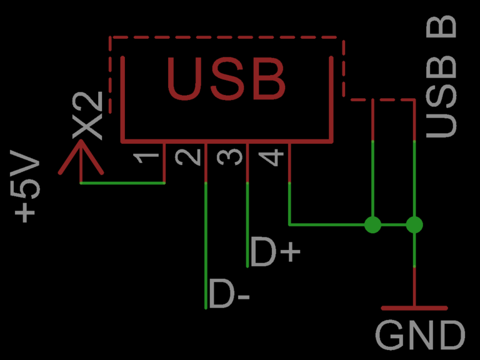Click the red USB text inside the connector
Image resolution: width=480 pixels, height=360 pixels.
[x=226, y=79]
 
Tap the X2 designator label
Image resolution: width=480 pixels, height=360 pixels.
[x=86, y=116]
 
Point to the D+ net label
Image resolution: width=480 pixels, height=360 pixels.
[x=276, y=252]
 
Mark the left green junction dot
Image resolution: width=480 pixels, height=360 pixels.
[x=372, y=224]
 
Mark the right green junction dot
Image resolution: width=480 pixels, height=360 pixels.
[x=414, y=224]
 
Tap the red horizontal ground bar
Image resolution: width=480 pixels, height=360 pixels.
[x=414, y=308]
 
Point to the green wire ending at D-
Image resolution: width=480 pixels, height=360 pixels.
[x=206, y=250]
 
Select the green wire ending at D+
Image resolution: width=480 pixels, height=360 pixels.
[x=248, y=225]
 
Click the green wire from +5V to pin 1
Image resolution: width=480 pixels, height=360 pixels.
[x=122, y=183]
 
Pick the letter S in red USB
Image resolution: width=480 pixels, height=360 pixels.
[x=226, y=79]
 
